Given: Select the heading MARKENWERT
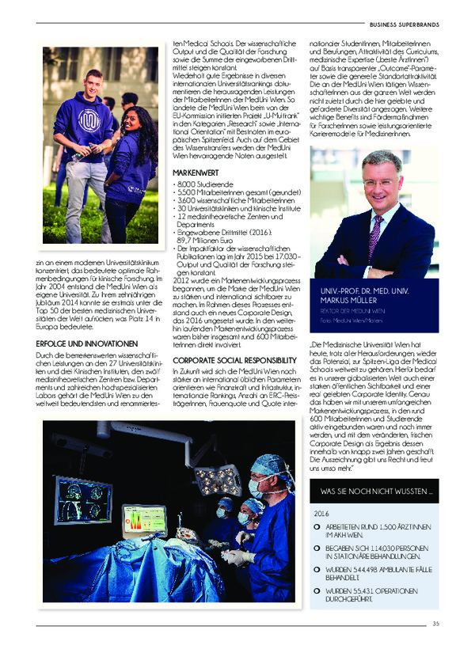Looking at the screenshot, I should coord(194,171).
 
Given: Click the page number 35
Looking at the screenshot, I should coord(435,624).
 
